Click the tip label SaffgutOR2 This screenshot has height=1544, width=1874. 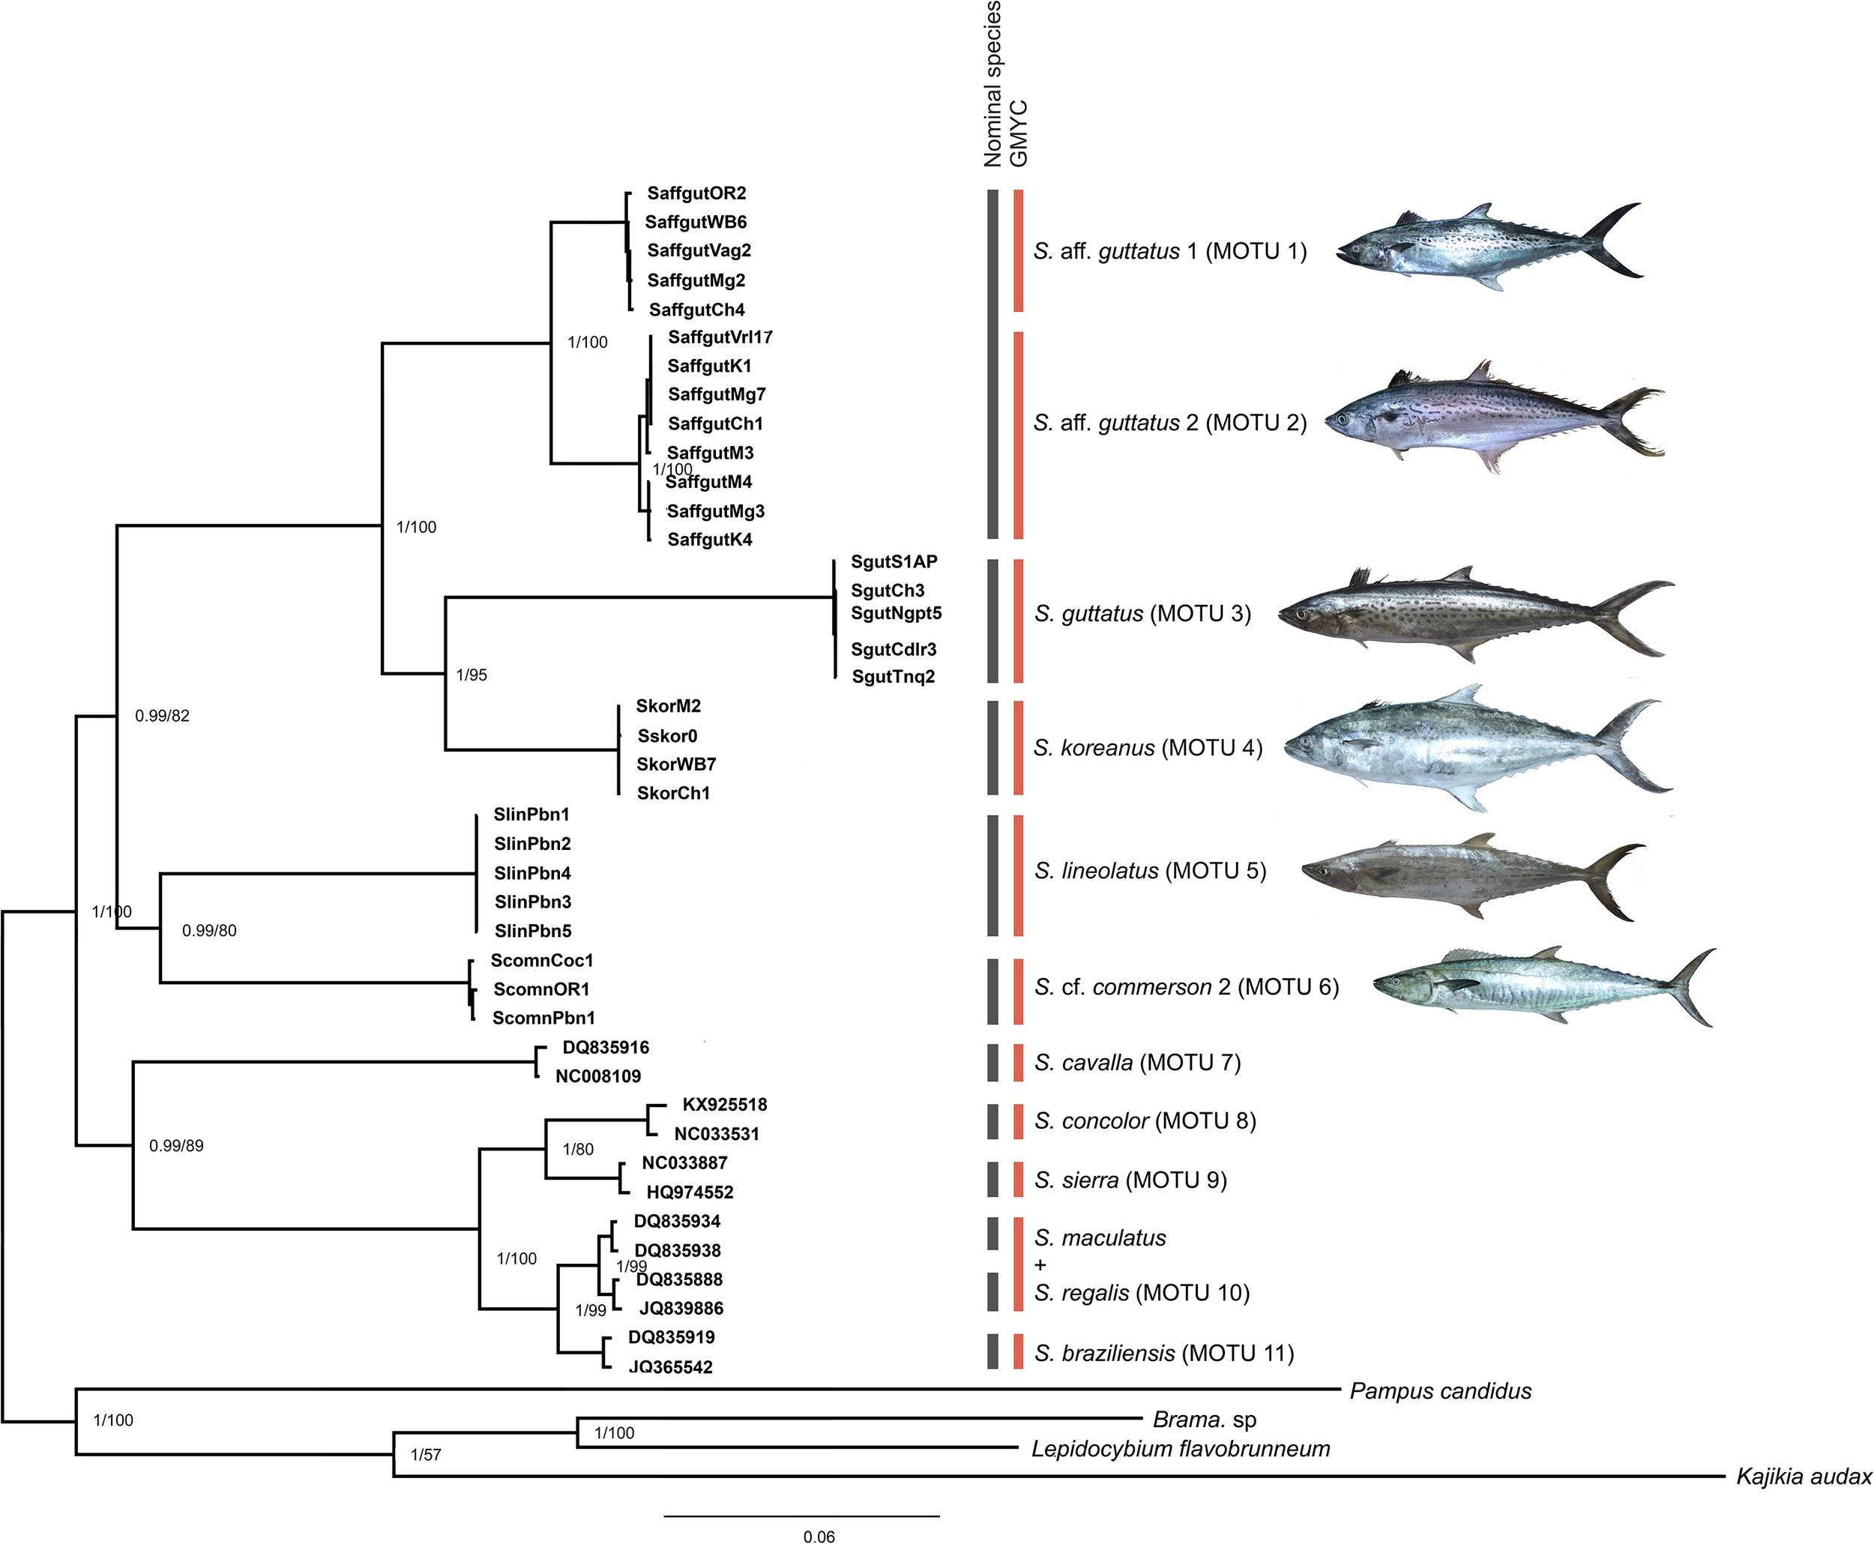(696, 193)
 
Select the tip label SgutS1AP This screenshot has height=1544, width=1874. (894, 561)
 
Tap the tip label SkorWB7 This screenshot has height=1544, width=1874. (676, 764)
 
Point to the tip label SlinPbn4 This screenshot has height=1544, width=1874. (532, 872)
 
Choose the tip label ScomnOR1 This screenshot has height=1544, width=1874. (540, 989)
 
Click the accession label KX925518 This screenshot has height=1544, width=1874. (724, 1105)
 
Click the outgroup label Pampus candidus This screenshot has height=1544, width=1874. (1440, 1391)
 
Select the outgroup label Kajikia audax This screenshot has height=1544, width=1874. (1804, 1477)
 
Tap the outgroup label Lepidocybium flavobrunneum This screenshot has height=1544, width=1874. (1181, 1449)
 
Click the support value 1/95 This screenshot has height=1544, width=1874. (471, 675)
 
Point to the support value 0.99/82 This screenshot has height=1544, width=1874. (162, 716)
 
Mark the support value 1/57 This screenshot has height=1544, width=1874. (425, 1455)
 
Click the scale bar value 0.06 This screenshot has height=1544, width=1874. (819, 1536)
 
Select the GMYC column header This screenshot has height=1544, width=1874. (1019, 133)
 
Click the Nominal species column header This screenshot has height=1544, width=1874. (992, 85)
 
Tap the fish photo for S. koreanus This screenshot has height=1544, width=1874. (1477, 748)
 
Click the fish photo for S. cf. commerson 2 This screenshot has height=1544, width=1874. (1543, 986)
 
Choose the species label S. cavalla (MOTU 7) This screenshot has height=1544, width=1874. (1136, 1063)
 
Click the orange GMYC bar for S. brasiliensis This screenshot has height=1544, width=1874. (1019, 1352)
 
